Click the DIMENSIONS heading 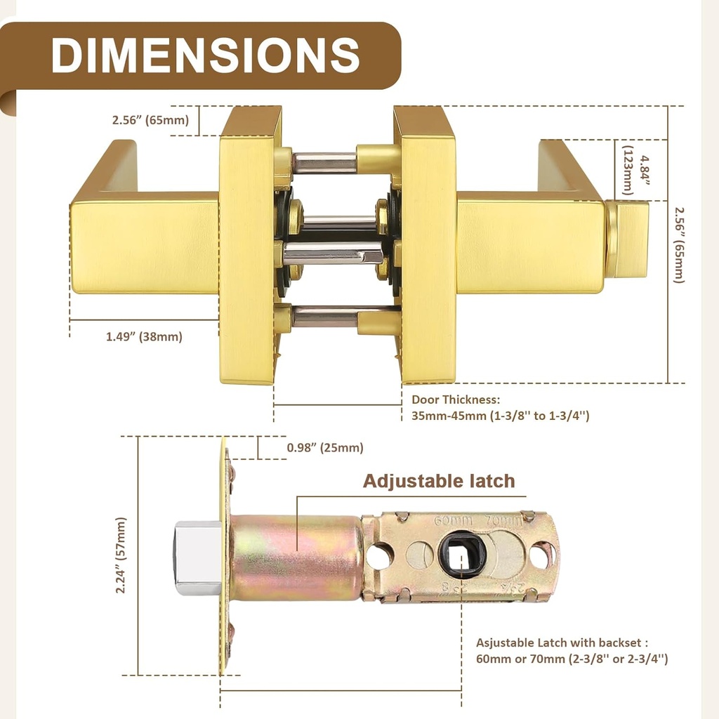click(x=205, y=54)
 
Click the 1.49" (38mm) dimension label click(x=144, y=336)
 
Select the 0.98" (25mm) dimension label click(x=325, y=448)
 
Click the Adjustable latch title click(x=439, y=481)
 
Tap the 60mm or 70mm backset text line click(x=572, y=659)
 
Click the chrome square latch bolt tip click(x=197, y=558)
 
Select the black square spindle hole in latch click(x=462, y=554)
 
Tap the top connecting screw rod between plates click(x=324, y=162)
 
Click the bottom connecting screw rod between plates click(x=324, y=316)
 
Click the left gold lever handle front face click(x=144, y=247)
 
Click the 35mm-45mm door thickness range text click(x=500, y=416)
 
